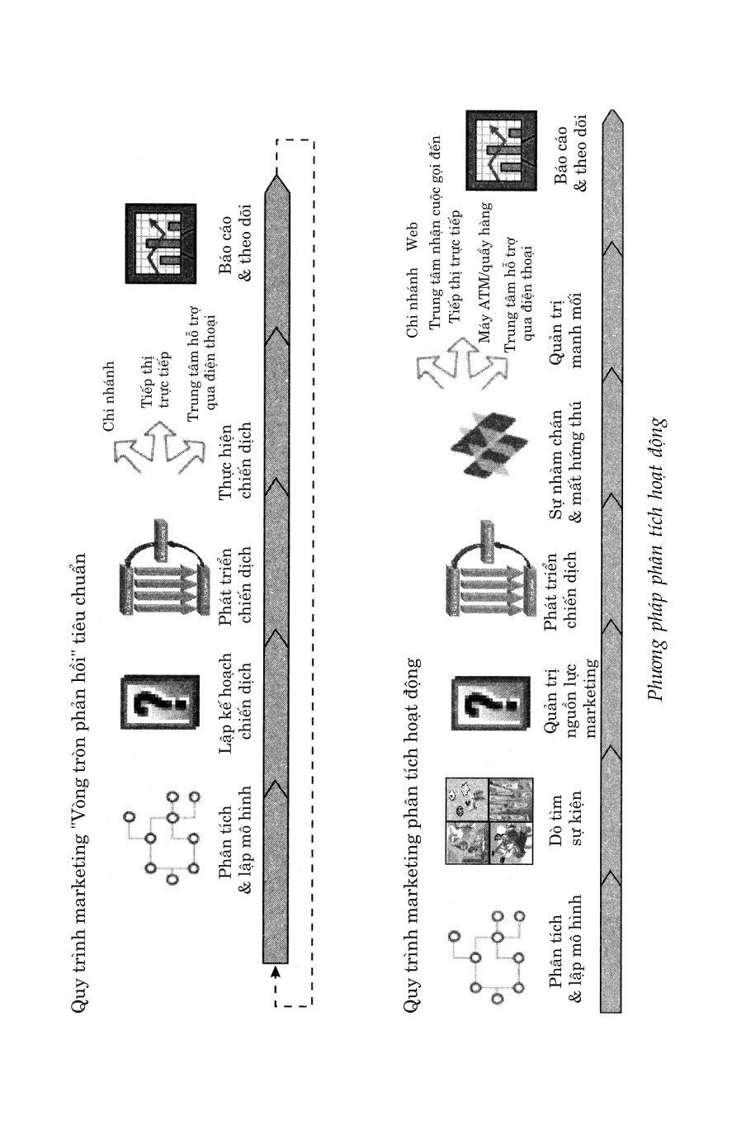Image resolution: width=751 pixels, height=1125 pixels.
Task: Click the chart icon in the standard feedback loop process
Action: (162, 243)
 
